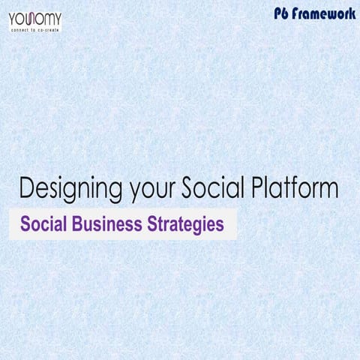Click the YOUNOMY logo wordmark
(35, 16)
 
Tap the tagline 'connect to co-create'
(35, 28)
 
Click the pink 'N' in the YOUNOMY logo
(34, 16)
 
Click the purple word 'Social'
(45, 224)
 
